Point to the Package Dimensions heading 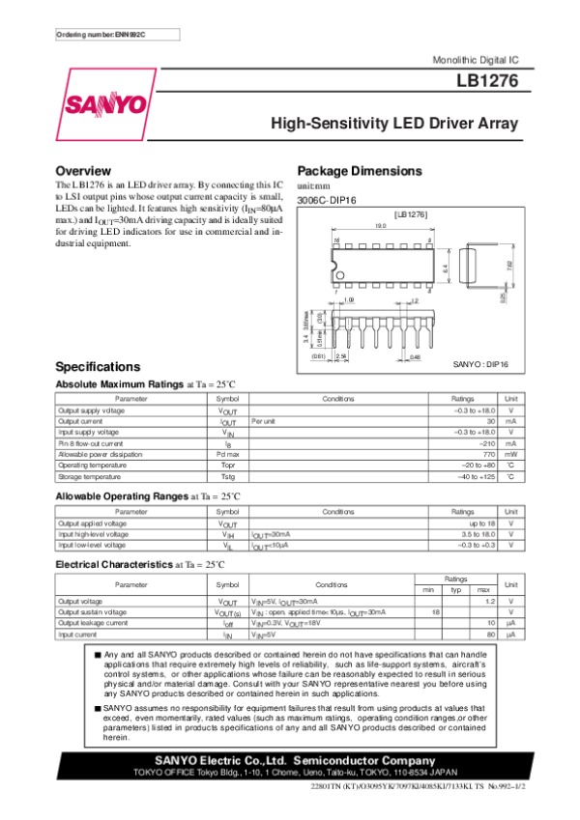[360, 171]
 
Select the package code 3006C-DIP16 [327, 200]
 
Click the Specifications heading [99, 367]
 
